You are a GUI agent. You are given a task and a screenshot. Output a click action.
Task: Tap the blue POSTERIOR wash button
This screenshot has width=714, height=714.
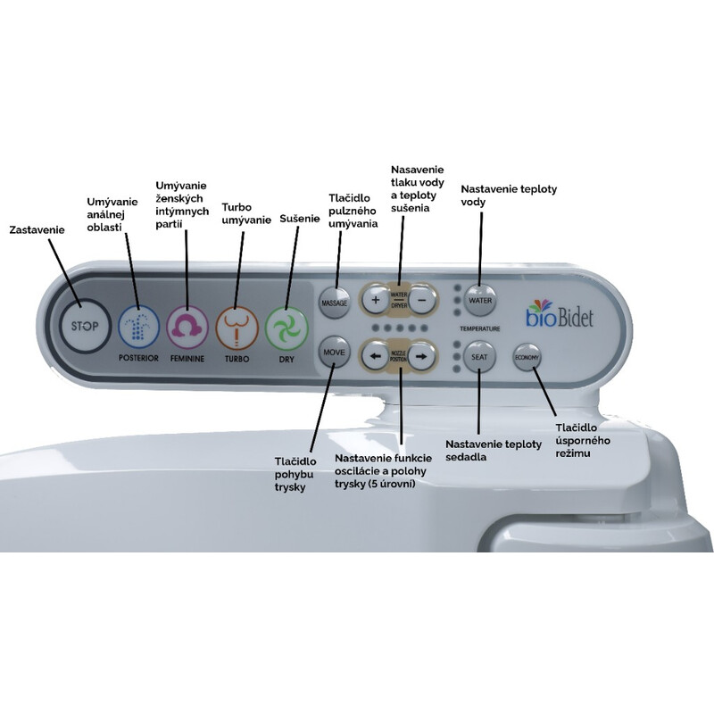tap(137, 326)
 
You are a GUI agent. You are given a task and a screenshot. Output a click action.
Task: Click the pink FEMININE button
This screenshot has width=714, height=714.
tap(187, 326)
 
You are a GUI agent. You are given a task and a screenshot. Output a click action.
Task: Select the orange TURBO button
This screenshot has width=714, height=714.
tap(237, 326)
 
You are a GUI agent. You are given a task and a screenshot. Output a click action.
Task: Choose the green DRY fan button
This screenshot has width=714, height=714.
tap(286, 326)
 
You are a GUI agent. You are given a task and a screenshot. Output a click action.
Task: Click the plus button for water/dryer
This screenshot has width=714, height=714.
tap(375, 301)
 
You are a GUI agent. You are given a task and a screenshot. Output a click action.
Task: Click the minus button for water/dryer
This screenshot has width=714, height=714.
tap(423, 301)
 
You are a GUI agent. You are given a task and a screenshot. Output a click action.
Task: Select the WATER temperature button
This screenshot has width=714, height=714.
tap(480, 301)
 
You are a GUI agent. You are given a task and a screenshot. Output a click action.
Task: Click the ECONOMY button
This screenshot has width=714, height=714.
tap(526, 358)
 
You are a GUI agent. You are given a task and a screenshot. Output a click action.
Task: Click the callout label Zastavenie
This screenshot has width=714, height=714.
tap(37, 229)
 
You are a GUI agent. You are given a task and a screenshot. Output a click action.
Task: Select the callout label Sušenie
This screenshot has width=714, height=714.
tap(299, 218)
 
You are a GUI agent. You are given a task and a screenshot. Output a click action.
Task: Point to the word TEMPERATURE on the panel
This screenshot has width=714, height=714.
tap(479, 328)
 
